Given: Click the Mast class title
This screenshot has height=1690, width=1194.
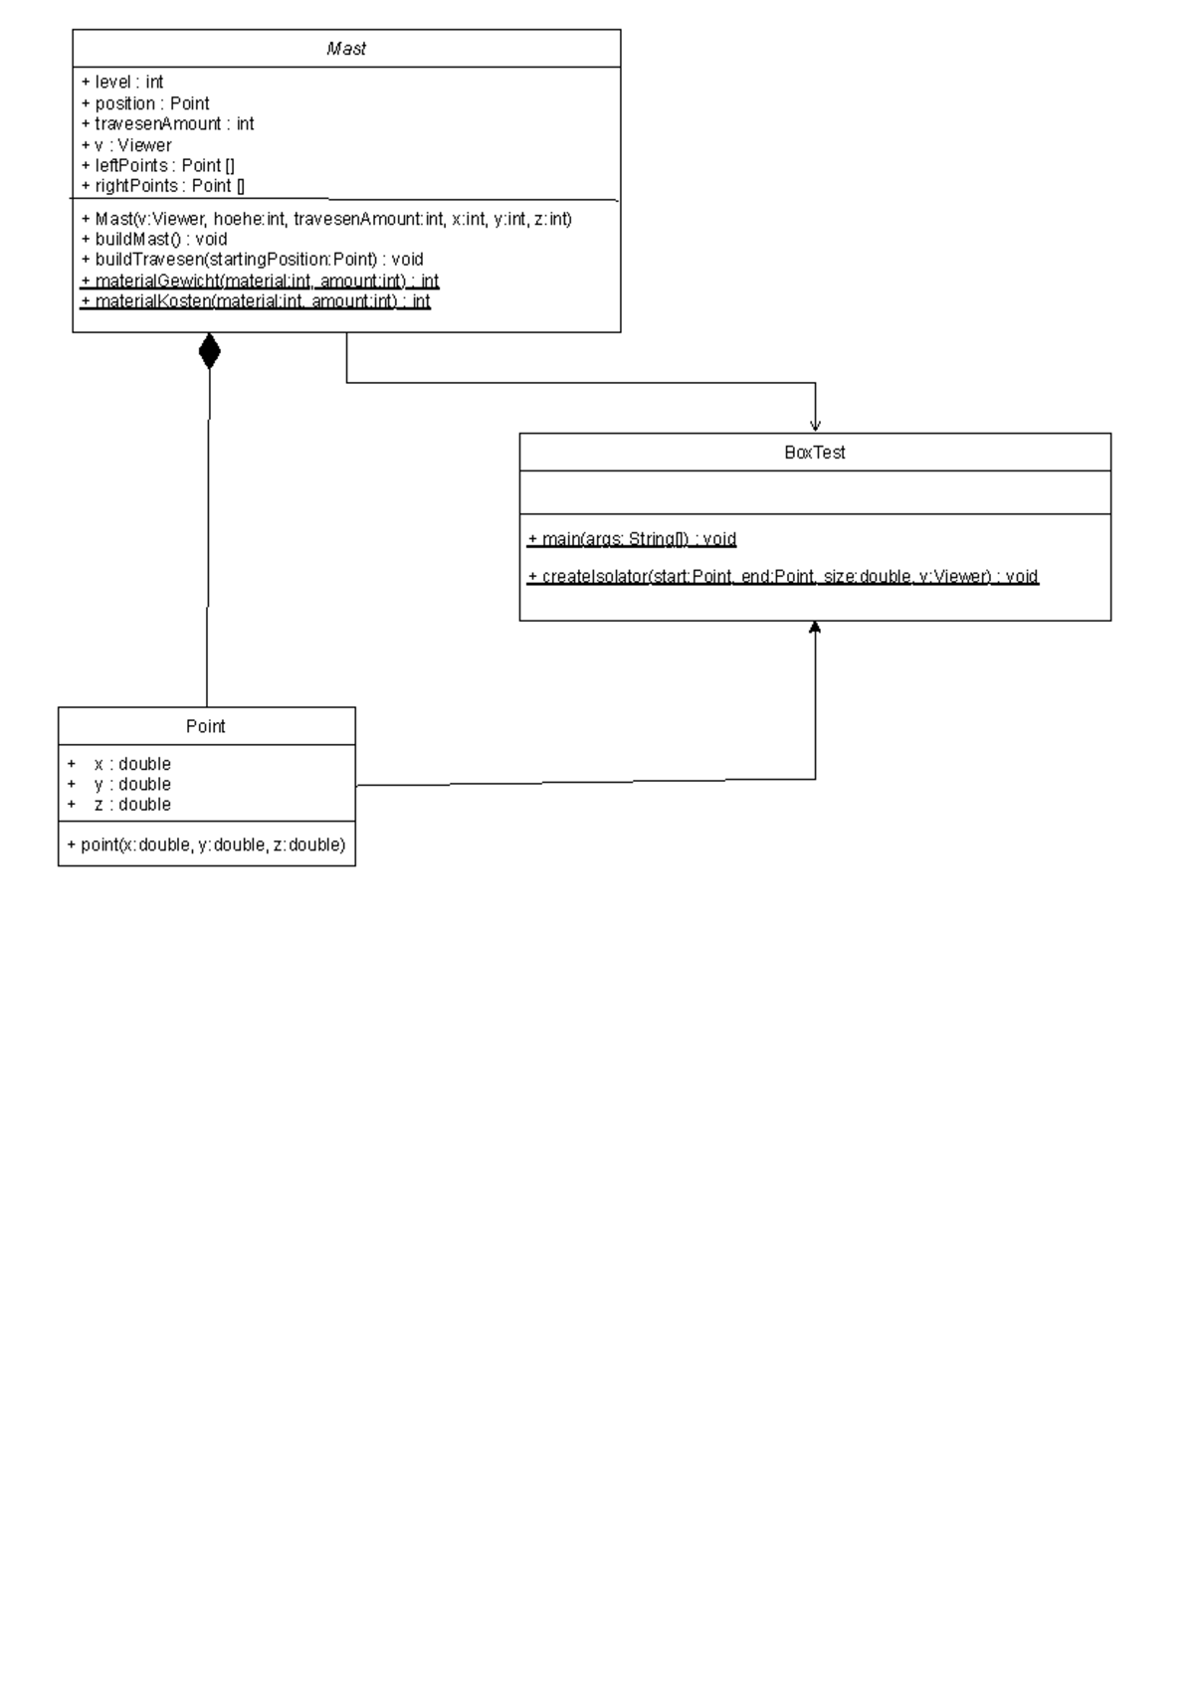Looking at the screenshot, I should pos(346,49).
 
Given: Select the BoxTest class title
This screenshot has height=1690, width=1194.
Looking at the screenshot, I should pos(814,453).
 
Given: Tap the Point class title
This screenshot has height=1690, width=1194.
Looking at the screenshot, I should pos(206,726).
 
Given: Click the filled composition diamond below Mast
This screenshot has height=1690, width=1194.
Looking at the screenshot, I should pos(209,351).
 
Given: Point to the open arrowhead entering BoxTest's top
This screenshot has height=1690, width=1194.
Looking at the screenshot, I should pos(815,424).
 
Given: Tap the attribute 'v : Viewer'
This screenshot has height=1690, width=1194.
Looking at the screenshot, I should pos(126,145).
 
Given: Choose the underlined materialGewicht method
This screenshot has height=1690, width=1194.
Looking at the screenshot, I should pos(260,282).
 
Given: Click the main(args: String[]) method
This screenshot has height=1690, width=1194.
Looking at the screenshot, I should pos(632,539).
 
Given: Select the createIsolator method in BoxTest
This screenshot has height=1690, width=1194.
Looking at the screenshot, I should pos(783,577).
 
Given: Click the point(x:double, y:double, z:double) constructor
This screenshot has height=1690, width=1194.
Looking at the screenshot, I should pos(206,845).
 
